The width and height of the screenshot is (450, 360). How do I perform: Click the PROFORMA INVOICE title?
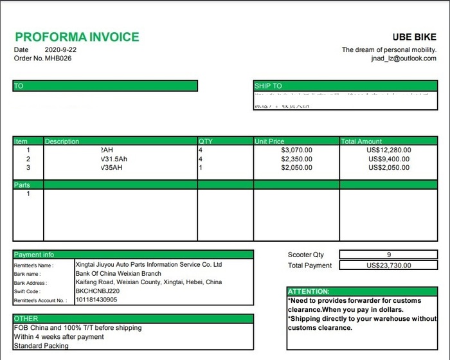[x=76, y=37]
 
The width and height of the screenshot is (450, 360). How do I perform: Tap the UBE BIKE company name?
[x=414, y=38]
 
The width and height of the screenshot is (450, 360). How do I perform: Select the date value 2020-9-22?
[x=61, y=50]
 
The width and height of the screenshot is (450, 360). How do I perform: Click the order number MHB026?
[x=58, y=59]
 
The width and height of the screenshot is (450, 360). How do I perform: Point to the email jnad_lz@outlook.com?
[x=404, y=59]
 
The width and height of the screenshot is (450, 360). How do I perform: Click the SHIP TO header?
[x=268, y=86]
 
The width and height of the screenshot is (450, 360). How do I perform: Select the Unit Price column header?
[x=269, y=141]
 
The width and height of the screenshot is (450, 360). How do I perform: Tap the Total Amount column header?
[x=361, y=141]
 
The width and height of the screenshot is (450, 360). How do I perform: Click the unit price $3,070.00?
[x=297, y=150]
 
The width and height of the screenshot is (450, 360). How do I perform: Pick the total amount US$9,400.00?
[x=388, y=159]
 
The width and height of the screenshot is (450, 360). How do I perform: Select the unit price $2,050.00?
[x=297, y=168]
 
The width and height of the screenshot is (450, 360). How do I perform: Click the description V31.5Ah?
[x=114, y=159]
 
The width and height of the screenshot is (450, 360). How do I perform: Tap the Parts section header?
[x=22, y=185]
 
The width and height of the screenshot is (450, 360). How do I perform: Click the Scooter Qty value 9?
[x=389, y=255]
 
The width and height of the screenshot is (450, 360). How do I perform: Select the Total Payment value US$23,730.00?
[x=388, y=265]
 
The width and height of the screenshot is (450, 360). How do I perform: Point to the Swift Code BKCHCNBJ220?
[x=97, y=291]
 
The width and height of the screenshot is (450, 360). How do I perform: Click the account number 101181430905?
[x=96, y=300]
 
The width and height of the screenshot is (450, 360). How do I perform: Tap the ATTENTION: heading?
[x=309, y=291]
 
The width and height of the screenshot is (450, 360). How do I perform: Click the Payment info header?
[x=34, y=255]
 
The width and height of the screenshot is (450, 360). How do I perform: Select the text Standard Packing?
[x=40, y=346]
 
